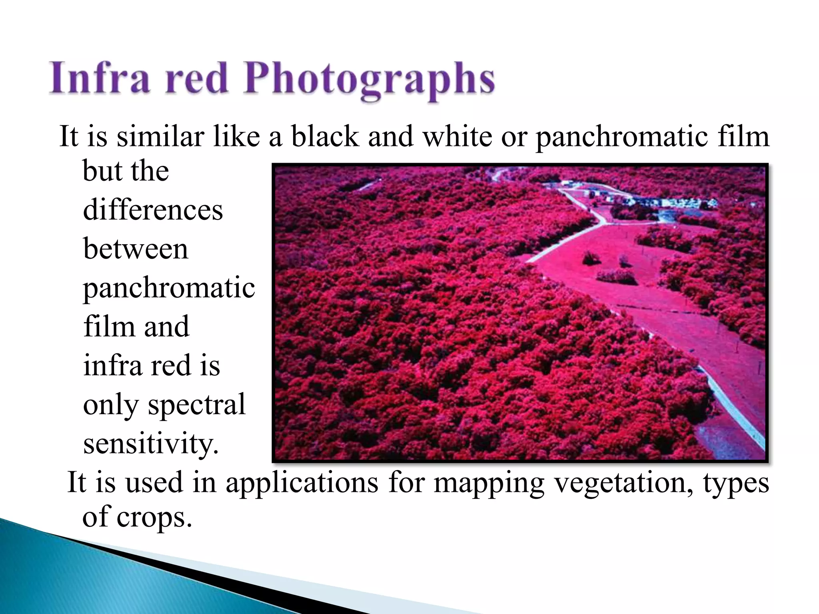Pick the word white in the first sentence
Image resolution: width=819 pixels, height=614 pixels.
pos(457,136)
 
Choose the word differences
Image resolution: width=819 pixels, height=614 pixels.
pos(153,210)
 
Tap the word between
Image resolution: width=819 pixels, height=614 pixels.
pos(136,249)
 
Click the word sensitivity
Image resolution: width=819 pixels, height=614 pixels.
pos(151,444)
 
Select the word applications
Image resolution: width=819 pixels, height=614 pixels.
pos(302,482)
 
